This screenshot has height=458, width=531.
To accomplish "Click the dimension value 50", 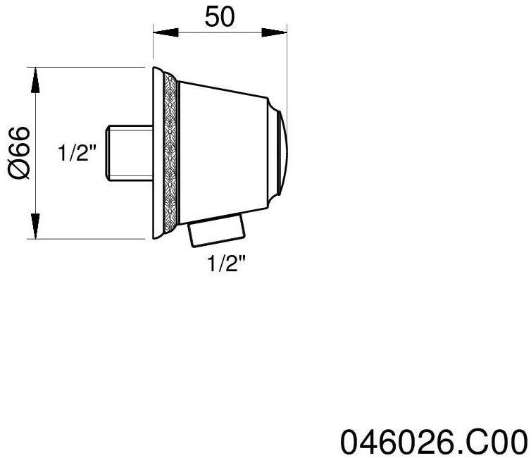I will click(x=219, y=17).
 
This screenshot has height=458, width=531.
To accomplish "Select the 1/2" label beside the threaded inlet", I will click(x=77, y=154).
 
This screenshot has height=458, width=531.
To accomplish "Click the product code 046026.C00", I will click(x=434, y=441).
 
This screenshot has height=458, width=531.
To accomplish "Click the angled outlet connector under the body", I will click(x=217, y=231).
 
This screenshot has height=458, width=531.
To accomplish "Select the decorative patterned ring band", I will click(x=169, y=153).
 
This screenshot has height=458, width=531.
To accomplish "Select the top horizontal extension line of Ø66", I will click(x=92, y=68).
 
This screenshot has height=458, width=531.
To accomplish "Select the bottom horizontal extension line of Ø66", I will click(x=92, y=239).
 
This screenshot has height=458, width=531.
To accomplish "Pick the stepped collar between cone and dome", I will click(x=271, y=153).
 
